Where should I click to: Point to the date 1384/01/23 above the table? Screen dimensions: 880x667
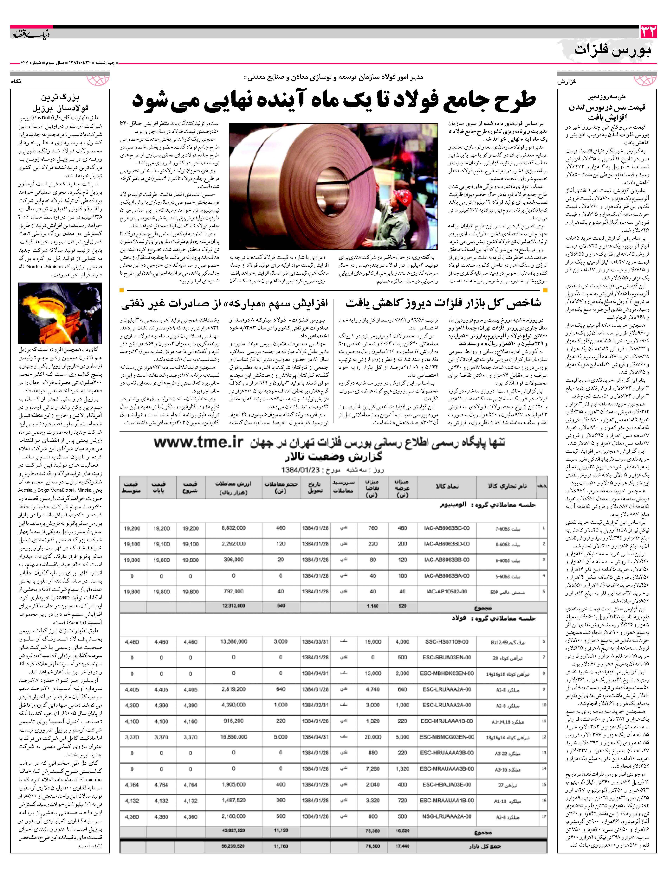tap(301, 470)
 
